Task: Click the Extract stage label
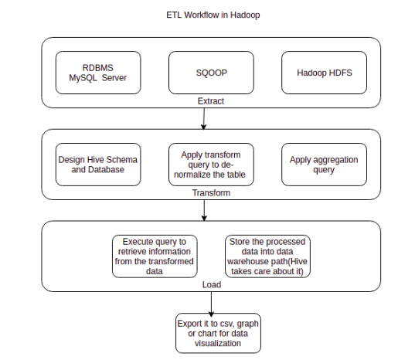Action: coord(210,100)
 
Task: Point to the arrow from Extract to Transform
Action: coord(203,118)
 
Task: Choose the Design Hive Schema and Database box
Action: coord(98,164)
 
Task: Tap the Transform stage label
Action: coord(210,193)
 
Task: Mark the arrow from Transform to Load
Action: coord(203,210)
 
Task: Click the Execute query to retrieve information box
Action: coord(155,254)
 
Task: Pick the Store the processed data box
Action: coord(267,254)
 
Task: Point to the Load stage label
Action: coord(210,284)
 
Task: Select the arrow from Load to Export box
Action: coord(210,302)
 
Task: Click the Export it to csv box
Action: coord(217,332)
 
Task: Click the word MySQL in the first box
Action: coord(85,76)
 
